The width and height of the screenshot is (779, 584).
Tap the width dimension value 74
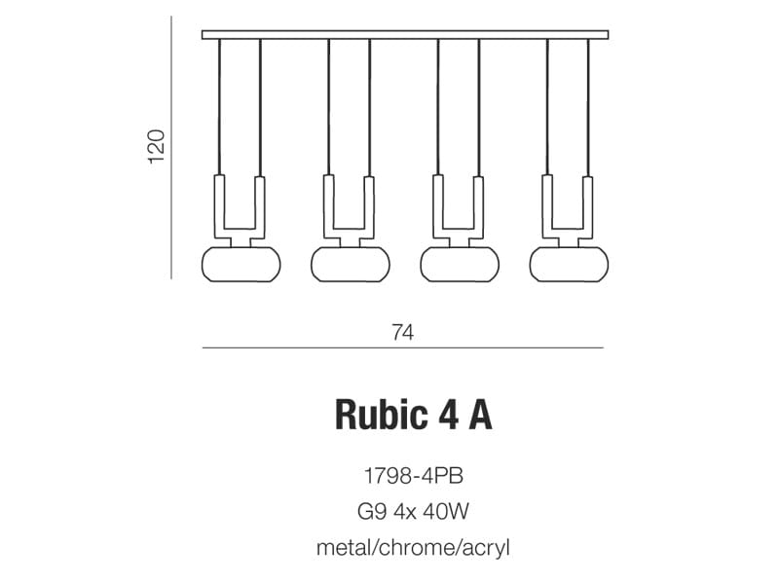(x=402, y=332)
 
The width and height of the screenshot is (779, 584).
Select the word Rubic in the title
(x=381, y=415)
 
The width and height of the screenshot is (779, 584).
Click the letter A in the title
(x=479, y=415)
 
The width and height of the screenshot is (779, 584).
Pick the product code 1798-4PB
(x=413, y=476)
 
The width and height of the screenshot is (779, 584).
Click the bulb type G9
(x=372, y=512)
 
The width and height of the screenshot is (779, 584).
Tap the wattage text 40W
(x=445, y=512)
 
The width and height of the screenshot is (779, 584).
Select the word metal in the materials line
(x=345, y=548)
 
